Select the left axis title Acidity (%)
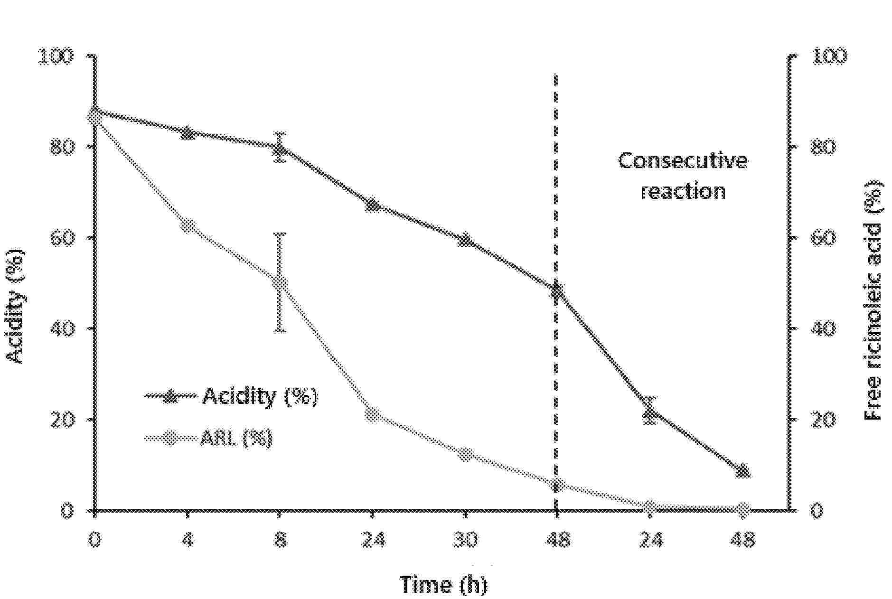17,306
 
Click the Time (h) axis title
443,584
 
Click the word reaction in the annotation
683,191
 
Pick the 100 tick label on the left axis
56,56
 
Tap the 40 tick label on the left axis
62,328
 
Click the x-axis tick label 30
465,540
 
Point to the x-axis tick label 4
188,540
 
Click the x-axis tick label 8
280,540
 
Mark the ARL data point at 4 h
188,226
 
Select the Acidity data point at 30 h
465,240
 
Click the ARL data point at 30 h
465,454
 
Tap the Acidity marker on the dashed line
556,290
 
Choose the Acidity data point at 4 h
188,133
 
